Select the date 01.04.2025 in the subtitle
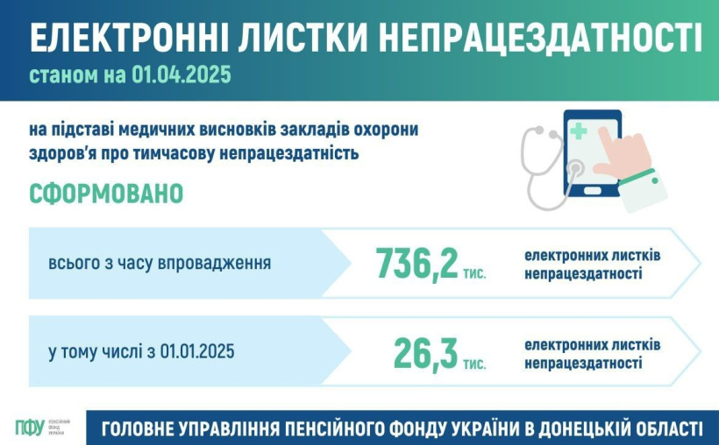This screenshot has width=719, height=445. (182, 74)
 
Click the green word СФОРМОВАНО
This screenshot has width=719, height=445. (106, 194)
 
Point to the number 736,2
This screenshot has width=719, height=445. (416, 264)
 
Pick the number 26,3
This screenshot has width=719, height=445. (425, 353)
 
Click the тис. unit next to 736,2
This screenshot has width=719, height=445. (474, 273)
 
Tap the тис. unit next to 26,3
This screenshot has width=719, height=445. (474, 364)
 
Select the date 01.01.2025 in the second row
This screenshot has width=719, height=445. (197, 351)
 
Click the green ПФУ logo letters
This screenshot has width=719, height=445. (30, 427)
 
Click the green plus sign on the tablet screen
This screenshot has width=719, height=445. (579, 131)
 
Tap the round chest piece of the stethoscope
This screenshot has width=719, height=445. (574, 169)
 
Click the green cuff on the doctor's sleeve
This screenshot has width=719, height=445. (638, 176)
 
